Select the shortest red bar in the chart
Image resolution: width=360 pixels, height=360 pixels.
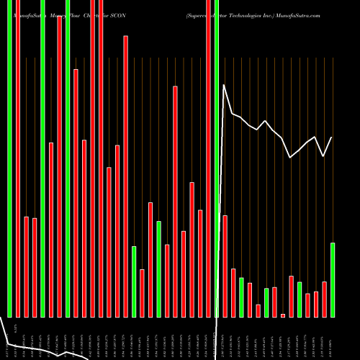point(283,315)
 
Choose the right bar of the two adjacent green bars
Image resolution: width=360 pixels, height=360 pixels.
point(274,302)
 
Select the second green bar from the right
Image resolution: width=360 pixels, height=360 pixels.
point(300,299)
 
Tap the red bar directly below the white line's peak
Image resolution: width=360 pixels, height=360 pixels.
point(225,266)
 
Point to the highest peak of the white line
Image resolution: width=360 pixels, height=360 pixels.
point(225,85)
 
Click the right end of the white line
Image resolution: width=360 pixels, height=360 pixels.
point(332,138)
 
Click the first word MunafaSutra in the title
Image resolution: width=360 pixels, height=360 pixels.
point(22,14)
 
